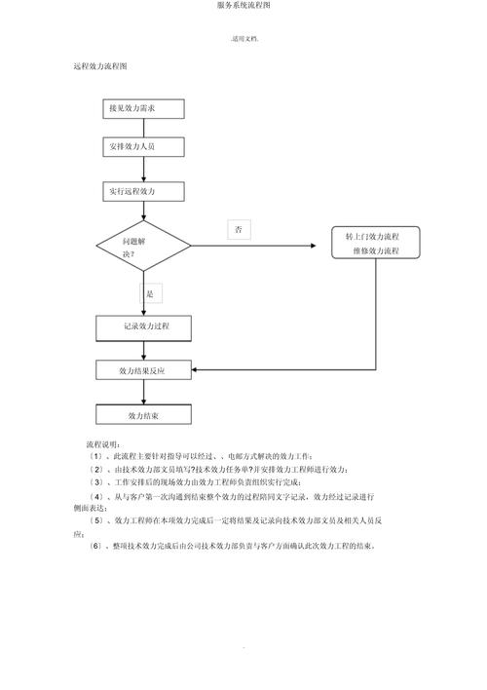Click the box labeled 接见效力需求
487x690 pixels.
(144, 108)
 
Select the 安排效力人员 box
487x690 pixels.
(144, 148)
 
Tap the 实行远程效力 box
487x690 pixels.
(144, 191)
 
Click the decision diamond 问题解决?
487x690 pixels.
(144, 246)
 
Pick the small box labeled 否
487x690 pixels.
(240, 230)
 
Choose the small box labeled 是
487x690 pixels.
(149, 293)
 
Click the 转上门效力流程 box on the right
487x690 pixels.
(378, 244)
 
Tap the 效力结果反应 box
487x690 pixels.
(144, 370)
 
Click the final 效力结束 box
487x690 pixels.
(144, 415)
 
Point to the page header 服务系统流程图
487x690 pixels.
(243, 6)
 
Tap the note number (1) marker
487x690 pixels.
(95, 456)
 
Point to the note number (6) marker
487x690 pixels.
(95, 546)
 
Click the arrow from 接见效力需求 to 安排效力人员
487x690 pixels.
(144, 129)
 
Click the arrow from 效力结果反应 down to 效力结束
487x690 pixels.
(144, 393)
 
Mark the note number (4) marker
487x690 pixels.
(95, 495)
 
